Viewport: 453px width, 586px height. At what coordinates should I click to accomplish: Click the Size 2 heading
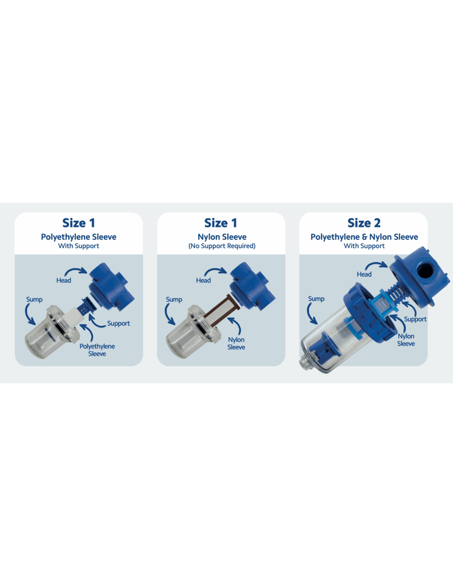click(364, 223)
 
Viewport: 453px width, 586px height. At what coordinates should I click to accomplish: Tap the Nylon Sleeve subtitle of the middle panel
click(222, 237)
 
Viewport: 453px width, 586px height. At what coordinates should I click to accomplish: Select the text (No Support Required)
click(222, 246)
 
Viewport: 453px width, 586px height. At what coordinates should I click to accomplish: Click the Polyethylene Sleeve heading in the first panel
click(79, 237)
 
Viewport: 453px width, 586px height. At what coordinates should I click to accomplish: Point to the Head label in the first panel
click(63, 281)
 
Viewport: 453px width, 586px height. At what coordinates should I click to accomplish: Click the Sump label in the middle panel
click(174, 300)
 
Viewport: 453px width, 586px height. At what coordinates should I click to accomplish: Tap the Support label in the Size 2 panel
click(415, 319)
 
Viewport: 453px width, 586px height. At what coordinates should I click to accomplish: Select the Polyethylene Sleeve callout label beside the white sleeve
click(97, 350)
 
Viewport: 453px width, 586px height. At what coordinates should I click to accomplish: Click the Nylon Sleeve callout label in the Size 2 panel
click(406, 340)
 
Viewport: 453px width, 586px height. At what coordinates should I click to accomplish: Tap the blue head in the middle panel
click(252, 286)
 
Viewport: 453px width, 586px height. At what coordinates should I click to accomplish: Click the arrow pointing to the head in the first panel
click(76, 270)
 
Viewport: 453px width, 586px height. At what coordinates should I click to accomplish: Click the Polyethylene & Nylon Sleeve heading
click(364, 237)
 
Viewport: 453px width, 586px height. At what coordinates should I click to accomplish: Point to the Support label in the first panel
click(118, 323)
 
